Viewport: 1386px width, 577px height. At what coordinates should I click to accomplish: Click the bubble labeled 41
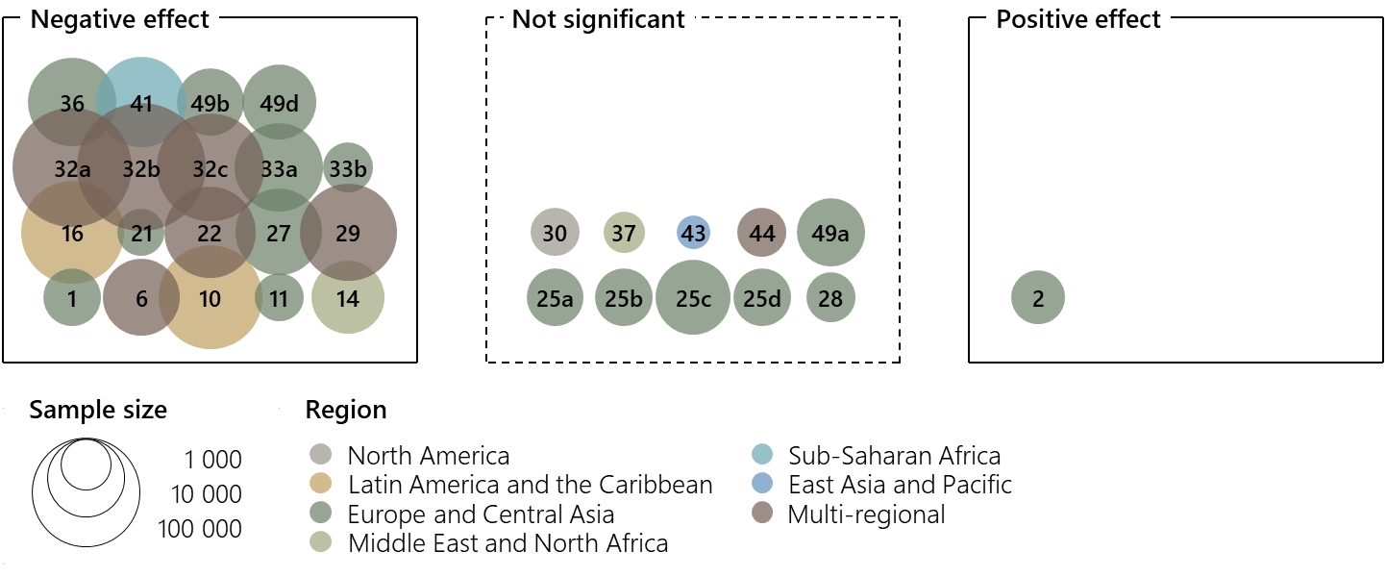coord(141,102)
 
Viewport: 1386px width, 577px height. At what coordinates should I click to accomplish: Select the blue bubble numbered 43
coord(693,233)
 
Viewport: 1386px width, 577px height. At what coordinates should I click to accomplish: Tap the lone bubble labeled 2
coord(1038,298)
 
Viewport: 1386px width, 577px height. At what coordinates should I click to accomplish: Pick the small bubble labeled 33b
coord(348,168)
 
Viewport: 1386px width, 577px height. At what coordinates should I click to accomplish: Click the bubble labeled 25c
coord(693,298)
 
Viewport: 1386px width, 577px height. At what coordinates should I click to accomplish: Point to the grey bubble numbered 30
coord(555,233)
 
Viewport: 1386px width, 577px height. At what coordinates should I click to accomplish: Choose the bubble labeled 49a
coord(831,233)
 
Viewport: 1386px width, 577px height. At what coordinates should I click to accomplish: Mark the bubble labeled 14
coord(348,298)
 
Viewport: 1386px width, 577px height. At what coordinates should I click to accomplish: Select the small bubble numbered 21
coord(141,233)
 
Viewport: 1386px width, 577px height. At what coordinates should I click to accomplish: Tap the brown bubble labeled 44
coord(762,233)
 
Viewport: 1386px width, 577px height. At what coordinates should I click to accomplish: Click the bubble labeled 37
coord(624,233)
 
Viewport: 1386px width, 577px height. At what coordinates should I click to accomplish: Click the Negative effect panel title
coord(120,19)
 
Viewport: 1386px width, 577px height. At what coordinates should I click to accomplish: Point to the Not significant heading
coord(598,19)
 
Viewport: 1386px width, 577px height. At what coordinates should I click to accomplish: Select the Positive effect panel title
coord(1078,19)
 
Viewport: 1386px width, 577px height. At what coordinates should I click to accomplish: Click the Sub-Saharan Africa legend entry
coord(894,455)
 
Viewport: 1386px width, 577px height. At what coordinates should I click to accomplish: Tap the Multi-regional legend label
coord(866,514)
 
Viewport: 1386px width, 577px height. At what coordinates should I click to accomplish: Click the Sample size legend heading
coord(98,410)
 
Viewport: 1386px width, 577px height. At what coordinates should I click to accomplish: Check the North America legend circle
coord(319,455)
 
